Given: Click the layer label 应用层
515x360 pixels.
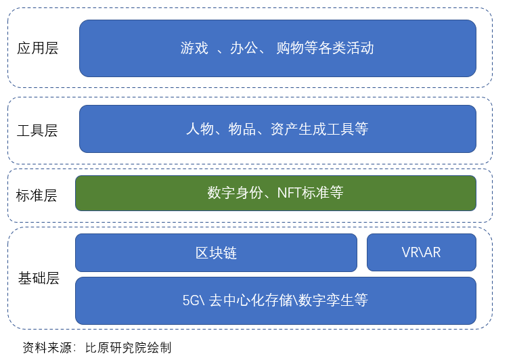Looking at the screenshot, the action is tap(38, 48).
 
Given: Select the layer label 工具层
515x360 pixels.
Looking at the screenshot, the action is tap(37, 131).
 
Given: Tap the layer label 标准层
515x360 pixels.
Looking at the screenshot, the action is tap(37, 196).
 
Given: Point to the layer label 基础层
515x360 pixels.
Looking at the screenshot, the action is tap(39, 278).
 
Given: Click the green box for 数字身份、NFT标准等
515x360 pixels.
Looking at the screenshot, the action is tap(275, 193).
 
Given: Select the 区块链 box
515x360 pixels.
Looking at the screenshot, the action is tap(216, 252).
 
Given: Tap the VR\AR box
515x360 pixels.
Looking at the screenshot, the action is tap(422, 252).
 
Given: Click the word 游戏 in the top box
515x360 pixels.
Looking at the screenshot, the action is tap(194, 48).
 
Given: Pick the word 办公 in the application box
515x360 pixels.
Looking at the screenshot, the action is tap(244, 48).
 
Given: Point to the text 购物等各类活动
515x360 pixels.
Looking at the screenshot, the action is tap(325, 48).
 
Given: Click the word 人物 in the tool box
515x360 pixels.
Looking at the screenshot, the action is tap(200, 129).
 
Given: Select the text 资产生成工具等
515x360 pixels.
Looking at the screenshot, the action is tap(319, 129).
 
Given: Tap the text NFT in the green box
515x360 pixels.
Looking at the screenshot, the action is tap(290, 193).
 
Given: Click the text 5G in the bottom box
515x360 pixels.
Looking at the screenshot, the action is tap(191, 300).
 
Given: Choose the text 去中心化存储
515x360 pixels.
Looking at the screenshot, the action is tap(250, 300).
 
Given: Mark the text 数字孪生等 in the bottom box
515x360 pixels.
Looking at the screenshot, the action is tap(333, 300).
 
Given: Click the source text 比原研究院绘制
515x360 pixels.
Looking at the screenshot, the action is tap(129, 348).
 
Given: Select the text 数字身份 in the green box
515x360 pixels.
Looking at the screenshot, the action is tap(235, 193).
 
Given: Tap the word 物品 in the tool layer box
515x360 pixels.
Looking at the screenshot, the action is tap(242, 129).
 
